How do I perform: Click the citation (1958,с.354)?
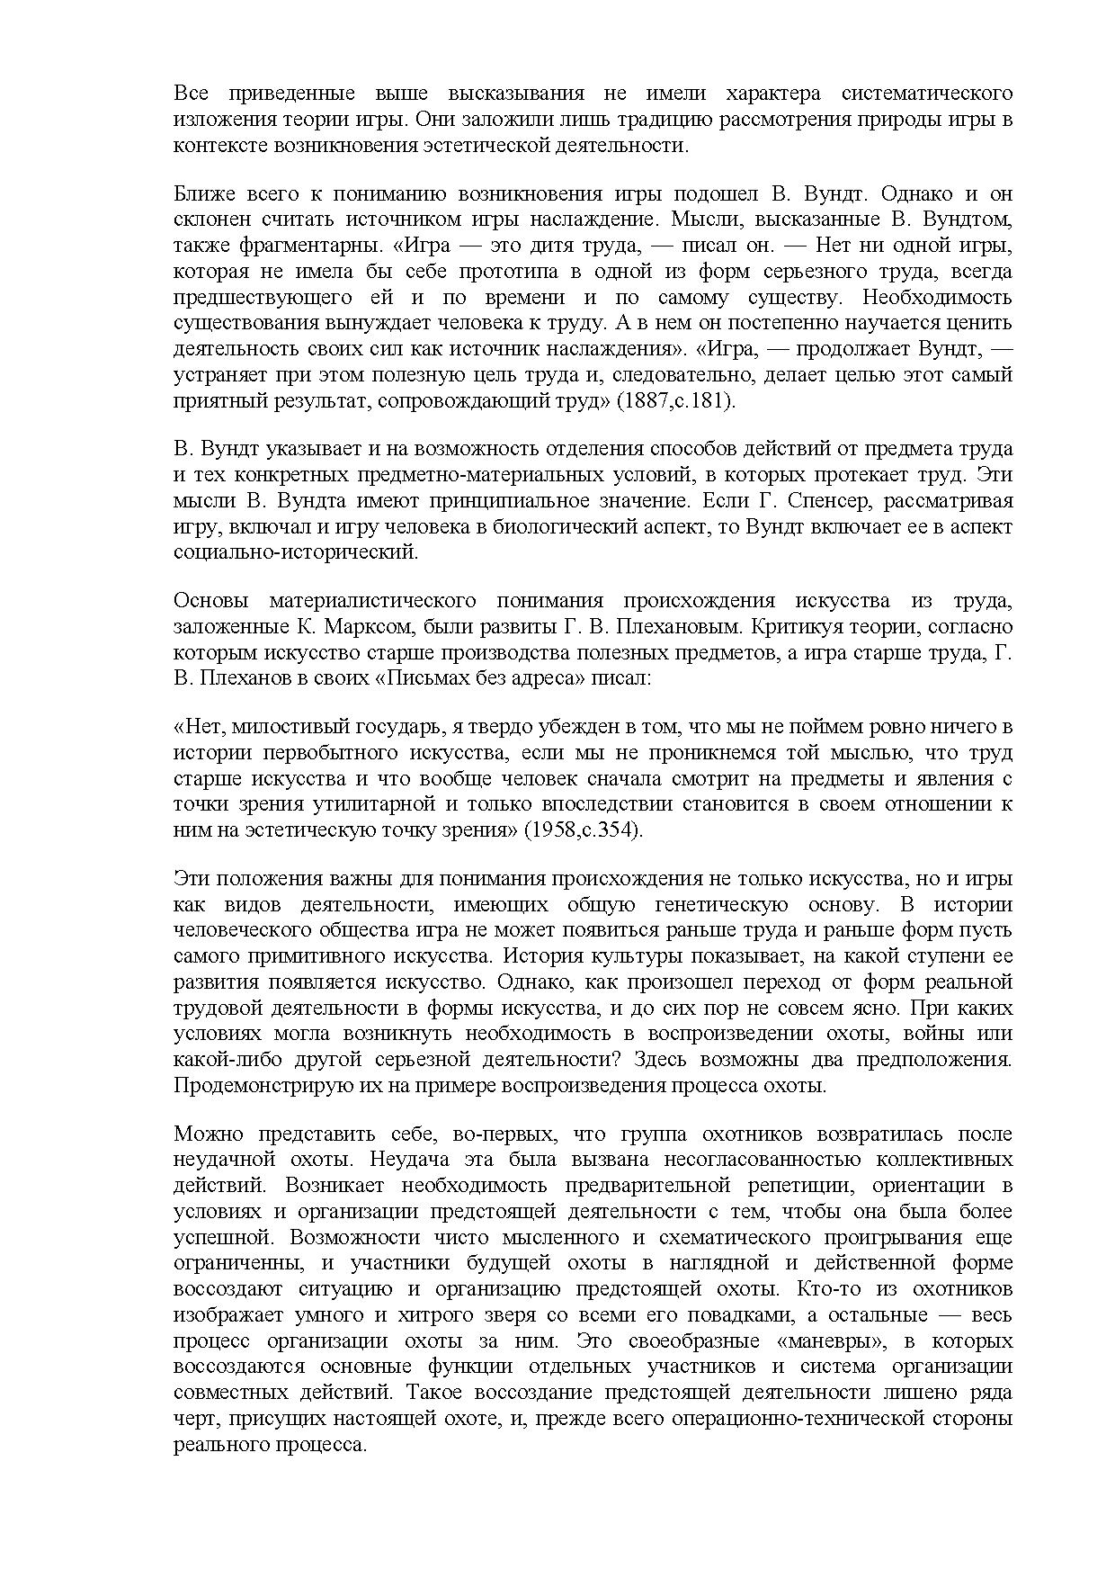[584, 829]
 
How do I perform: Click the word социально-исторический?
[296, 551]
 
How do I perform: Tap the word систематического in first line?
[927, 94]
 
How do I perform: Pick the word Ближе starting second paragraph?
[200, 194]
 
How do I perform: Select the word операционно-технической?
[809, 1419]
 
